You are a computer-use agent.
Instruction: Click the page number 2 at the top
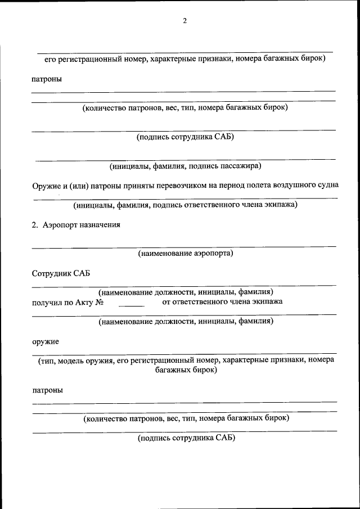(184, 21)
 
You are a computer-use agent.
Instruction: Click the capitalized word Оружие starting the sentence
(46, 185)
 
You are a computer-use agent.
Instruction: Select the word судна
(328, 185)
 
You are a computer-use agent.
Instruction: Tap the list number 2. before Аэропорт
(35, 225)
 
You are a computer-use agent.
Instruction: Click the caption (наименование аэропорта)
(186, 253)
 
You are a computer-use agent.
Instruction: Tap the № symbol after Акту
(101, 302)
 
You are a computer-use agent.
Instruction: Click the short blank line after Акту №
(131, 304)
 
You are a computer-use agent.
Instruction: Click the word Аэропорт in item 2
(60, 225)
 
